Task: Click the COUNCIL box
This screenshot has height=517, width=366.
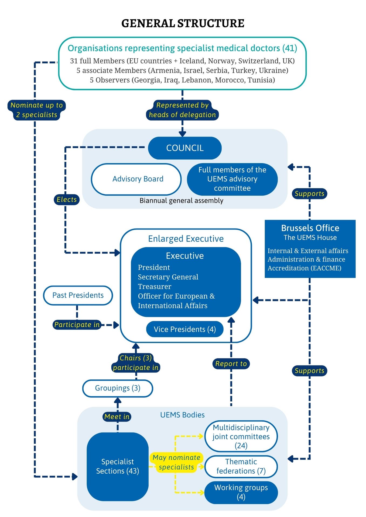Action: (185, 148)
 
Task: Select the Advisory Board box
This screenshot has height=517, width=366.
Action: (136, 179)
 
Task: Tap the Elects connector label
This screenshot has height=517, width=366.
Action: (67, 200)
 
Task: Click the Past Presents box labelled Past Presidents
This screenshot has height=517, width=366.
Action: (78, 295)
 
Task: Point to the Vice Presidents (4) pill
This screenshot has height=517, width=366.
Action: (185, 329)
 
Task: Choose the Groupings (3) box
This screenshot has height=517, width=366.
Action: (118, 388)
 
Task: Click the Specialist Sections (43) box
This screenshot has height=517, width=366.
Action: (118, 466)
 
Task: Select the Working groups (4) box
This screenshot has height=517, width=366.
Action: (241, 492)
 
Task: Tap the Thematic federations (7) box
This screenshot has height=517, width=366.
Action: (241, 466)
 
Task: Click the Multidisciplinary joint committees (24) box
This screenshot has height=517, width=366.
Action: (241, 436)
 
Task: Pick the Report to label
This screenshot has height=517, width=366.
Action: (231, 364)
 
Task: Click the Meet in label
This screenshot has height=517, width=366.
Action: (117, 417)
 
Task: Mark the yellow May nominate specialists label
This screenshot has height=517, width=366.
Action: (176, 462)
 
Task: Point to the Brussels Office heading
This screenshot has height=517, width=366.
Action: (310, 228)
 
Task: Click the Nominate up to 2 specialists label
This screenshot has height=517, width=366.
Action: (37, 110)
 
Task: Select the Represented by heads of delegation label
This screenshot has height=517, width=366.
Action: (182, 110)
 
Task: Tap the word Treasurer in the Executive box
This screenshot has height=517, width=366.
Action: (155, 287)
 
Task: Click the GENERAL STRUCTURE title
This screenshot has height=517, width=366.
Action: (183, 23)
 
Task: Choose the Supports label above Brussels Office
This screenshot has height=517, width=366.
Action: (309, 194)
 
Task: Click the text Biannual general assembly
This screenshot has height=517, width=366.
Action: (181, 201)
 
